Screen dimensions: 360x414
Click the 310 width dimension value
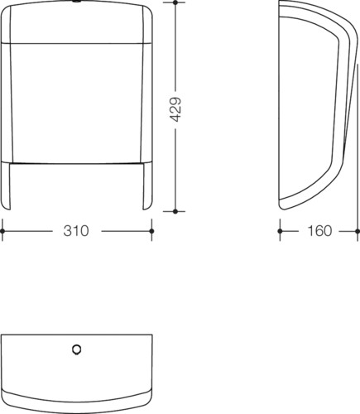pyautogui.click(x=76, y=231)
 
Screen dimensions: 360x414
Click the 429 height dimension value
pyautogui.click(x=175, y=109)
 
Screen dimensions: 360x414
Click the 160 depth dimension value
pyautogui.click(x=319, y=231)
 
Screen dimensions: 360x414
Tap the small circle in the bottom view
pyautogui.click(x=76, y=349)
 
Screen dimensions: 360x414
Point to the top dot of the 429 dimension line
pyautogui.click(x=175, y=2)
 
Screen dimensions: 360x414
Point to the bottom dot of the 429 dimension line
pyautogui.click(x=175, y=211)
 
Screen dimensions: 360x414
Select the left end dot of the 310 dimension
pyautogui.click(x=2, y=231)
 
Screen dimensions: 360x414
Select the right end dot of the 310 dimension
pyautogui.click(x=151, y=231)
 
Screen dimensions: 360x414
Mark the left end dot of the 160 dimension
pyautogui.click(x=280, y=231)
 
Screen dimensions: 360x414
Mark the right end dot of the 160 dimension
pyautogui.click(x=358, y=231)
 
